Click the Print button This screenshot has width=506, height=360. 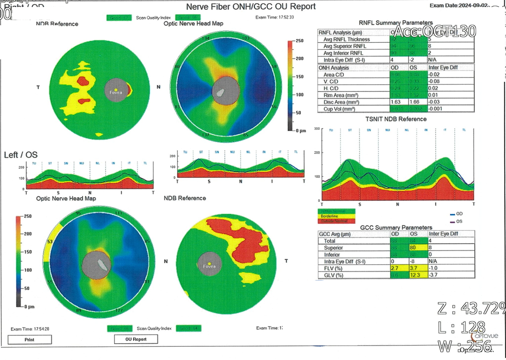29,340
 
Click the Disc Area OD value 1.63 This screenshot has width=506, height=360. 395,101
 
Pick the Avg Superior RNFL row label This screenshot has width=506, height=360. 345,46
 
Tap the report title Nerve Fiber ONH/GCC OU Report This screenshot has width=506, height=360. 251,7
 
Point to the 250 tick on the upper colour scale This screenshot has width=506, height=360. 299,41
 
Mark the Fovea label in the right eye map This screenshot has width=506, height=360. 115,93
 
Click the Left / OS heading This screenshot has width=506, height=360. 21,155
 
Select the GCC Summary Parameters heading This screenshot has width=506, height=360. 396,228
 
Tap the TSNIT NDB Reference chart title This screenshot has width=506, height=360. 396,119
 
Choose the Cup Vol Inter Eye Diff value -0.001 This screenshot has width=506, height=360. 437,108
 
